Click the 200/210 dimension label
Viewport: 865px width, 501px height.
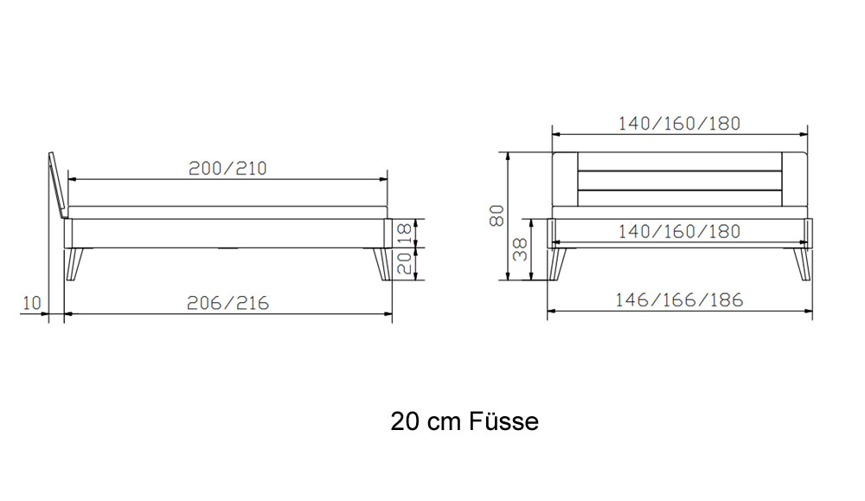pyautogui.click(x=227, y=168)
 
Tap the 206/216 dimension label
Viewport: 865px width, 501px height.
pyautogui.click(x=227, y=303)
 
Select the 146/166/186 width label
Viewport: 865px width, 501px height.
pyautogui.click(x=679, y=300)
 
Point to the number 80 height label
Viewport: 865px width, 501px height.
pyautogui.click(x=497, y=215)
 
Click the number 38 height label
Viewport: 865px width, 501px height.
pyautogui.click(x=520, y=249)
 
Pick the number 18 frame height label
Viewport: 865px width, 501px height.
pyautogui.click(x=404, y=232)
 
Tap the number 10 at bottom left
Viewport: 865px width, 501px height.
pyautogui.click(x=32, y=303)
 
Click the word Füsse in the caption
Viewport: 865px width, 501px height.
pyautogui.click(x=503, y=421)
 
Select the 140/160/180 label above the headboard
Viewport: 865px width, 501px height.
pyautogui.click(x=679, y=124)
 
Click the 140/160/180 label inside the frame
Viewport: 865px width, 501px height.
pyautogui.click(x=679, y=232)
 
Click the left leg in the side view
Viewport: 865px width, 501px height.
pyautogui.click(x=74, y=264)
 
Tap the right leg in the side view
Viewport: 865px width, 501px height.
pyautogui.click(x=382, y=264)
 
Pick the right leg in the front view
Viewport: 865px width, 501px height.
pyautogui.click(x=804, y=265)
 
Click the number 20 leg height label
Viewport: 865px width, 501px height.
pyautogui.click(x=404, y=264)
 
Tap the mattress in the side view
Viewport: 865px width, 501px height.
pyautogui.click(x=227, y=213)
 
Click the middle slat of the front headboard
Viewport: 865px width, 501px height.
pyautogui.click(x=680, y=181)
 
